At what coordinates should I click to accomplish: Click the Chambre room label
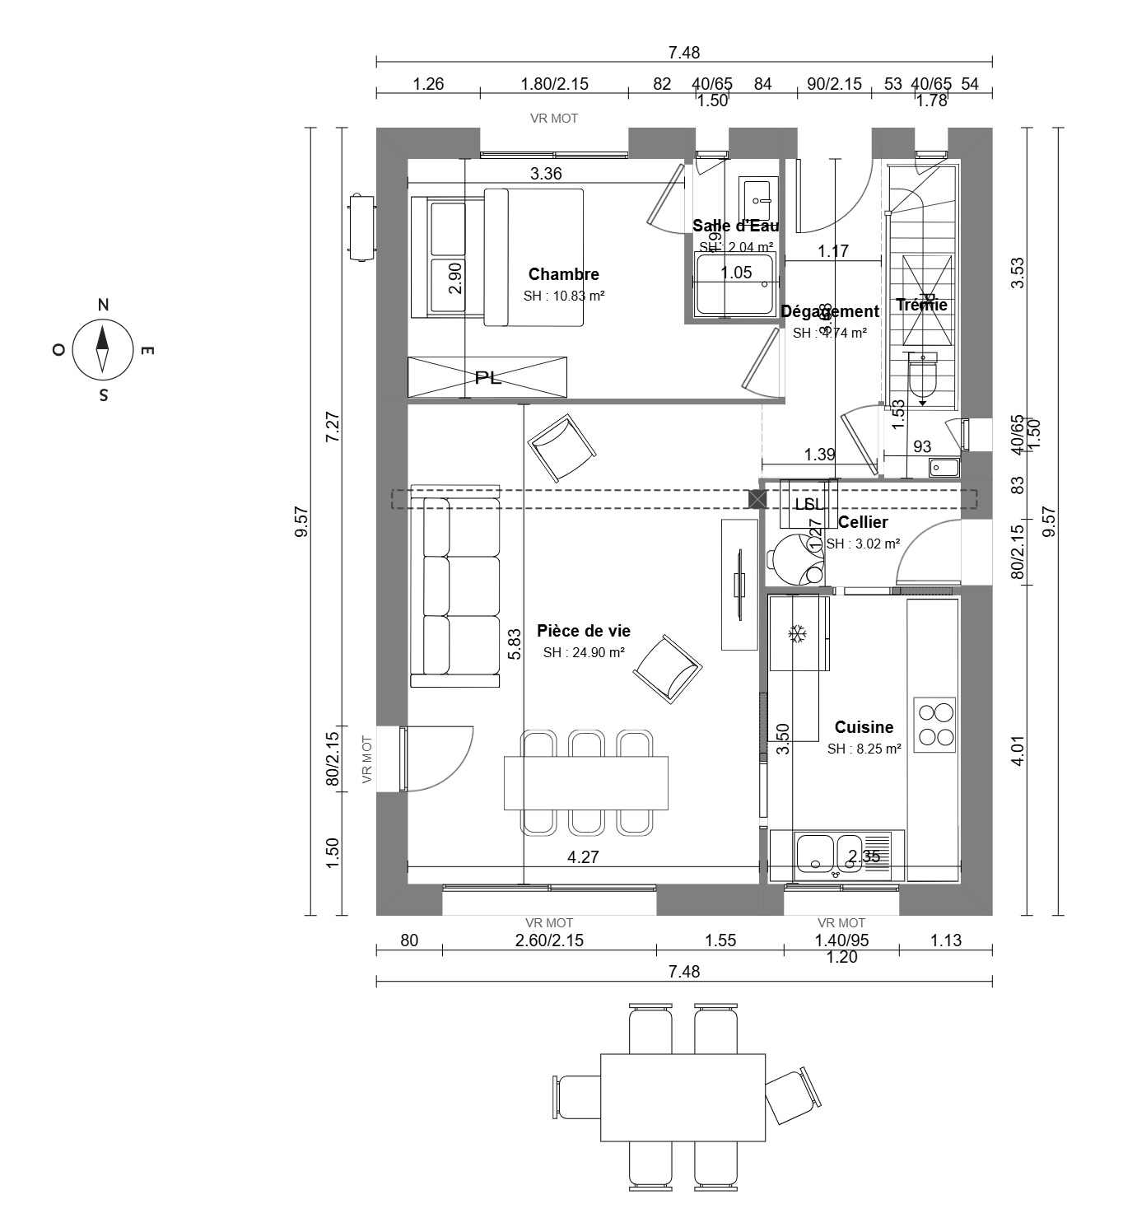[563, 274]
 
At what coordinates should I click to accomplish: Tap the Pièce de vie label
[583, 631]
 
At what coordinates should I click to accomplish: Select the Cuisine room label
[864, 727]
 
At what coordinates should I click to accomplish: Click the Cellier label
[863, 522]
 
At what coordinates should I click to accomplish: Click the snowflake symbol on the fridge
[797, 633]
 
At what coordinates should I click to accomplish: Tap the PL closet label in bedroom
[487, 378]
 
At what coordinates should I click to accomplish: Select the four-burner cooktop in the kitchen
[935, 725]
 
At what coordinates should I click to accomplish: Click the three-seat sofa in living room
[455, 586]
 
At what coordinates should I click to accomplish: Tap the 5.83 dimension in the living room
[515, 644]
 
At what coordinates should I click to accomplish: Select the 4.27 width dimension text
[583, 857]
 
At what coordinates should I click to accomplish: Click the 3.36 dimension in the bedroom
[546, 174]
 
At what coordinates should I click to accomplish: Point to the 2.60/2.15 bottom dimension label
[550, 940]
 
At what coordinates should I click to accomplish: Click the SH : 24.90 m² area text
[583, 652]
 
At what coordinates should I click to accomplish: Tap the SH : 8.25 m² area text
[864, 749]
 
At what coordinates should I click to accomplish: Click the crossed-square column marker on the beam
[756, 498]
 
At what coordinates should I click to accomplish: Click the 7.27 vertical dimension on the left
[333, 427]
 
